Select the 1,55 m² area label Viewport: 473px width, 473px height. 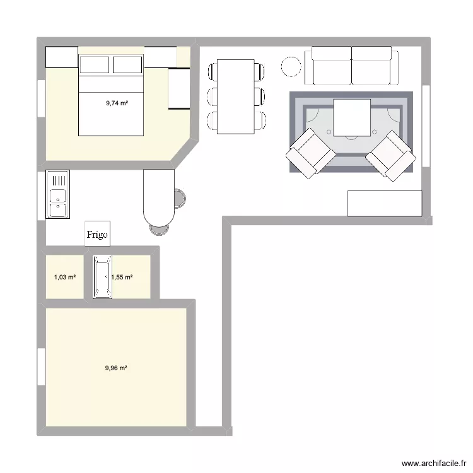pyautogui.click(x=122, y=277)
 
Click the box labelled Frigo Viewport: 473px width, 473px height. pyautogui.click(x=98, y=233)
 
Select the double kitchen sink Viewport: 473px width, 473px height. pyautogui.click(x=58, y=194)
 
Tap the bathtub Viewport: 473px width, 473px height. pyautogui.click(x=102, y=277)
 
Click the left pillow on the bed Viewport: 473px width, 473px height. pyautogui.click(x=95, y=64)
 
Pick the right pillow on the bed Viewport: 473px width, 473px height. pyautogui.click(x=128, y=64)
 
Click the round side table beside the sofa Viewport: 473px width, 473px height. pyautogui.click(x=292, y=67)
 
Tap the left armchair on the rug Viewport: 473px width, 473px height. pyautogui.click(x=310, y=153)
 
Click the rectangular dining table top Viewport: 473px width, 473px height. pyautogui.click(x=235, y=96)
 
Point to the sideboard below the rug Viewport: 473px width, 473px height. pyautogui.click(x=384, y=203)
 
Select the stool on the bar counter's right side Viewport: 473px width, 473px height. pyautogui.click(x=178, y=198)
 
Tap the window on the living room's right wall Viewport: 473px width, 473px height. pyautogui.click(x=426, y=126)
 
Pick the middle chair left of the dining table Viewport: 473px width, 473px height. pyautogui.click(x=211, y=96)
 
